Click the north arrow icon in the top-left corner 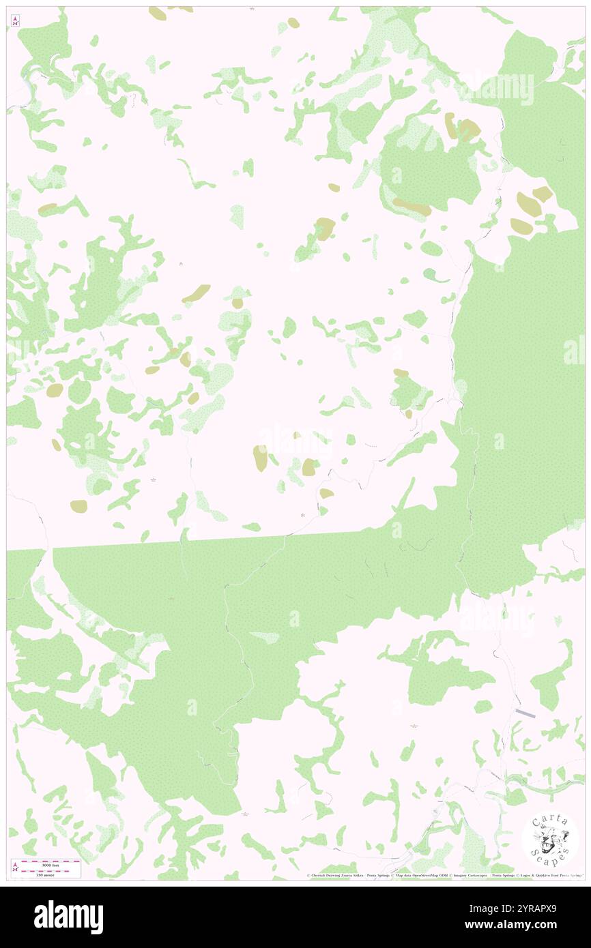tap(15, 21)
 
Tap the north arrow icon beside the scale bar tap(15, 867)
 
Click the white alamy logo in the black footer tap(68, 917)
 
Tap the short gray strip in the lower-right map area tap(525, 712)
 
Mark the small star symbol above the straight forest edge tap(303, 516)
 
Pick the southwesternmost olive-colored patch tap(78, 506)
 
